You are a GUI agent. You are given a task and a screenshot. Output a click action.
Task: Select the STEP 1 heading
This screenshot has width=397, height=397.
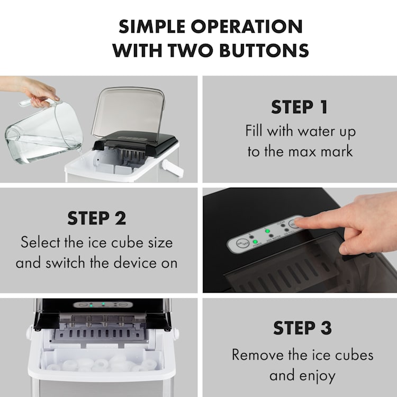(300, 107)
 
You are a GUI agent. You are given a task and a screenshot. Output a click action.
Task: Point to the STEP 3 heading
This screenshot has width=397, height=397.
(302, 328)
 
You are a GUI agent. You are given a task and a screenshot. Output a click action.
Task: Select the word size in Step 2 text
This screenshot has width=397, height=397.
(158, 242)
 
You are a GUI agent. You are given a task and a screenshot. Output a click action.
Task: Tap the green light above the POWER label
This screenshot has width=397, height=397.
(255, 242)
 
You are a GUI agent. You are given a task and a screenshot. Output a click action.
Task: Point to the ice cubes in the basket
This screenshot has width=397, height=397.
(101, 365)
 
